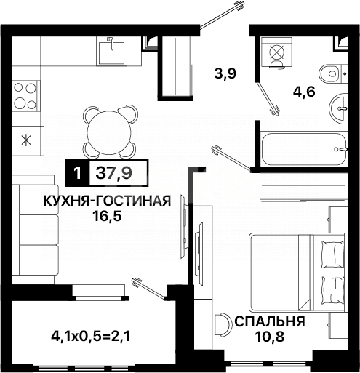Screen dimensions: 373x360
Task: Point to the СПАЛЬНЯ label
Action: coord(268,321)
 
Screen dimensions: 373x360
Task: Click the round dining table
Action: coord(109,130)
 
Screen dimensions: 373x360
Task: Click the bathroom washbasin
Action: coord(340,108)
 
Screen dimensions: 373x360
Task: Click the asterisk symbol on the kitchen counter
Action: coord(26,139)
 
